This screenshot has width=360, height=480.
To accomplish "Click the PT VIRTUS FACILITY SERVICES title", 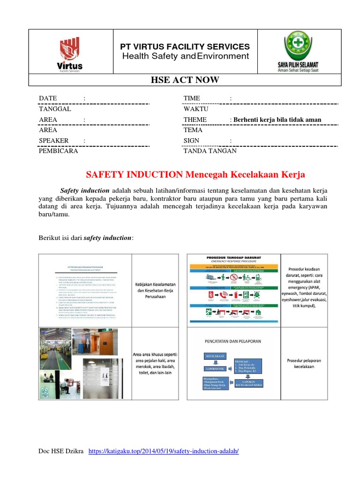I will tap(185, 47).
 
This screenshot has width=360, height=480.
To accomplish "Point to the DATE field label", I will tap(48, 98).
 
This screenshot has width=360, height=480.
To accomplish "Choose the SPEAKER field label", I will tap(53, 141).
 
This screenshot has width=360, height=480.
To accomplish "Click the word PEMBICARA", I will tap(58, 151).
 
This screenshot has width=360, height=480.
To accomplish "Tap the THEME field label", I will tap(195, 120).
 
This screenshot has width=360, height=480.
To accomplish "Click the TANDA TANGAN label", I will tap(210, 151).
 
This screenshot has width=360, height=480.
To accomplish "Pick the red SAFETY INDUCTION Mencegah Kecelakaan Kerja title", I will tap(195, 175).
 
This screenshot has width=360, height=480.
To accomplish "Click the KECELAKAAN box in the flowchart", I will tap(214, 356).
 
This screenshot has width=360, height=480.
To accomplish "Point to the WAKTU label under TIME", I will tap(195, 109).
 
